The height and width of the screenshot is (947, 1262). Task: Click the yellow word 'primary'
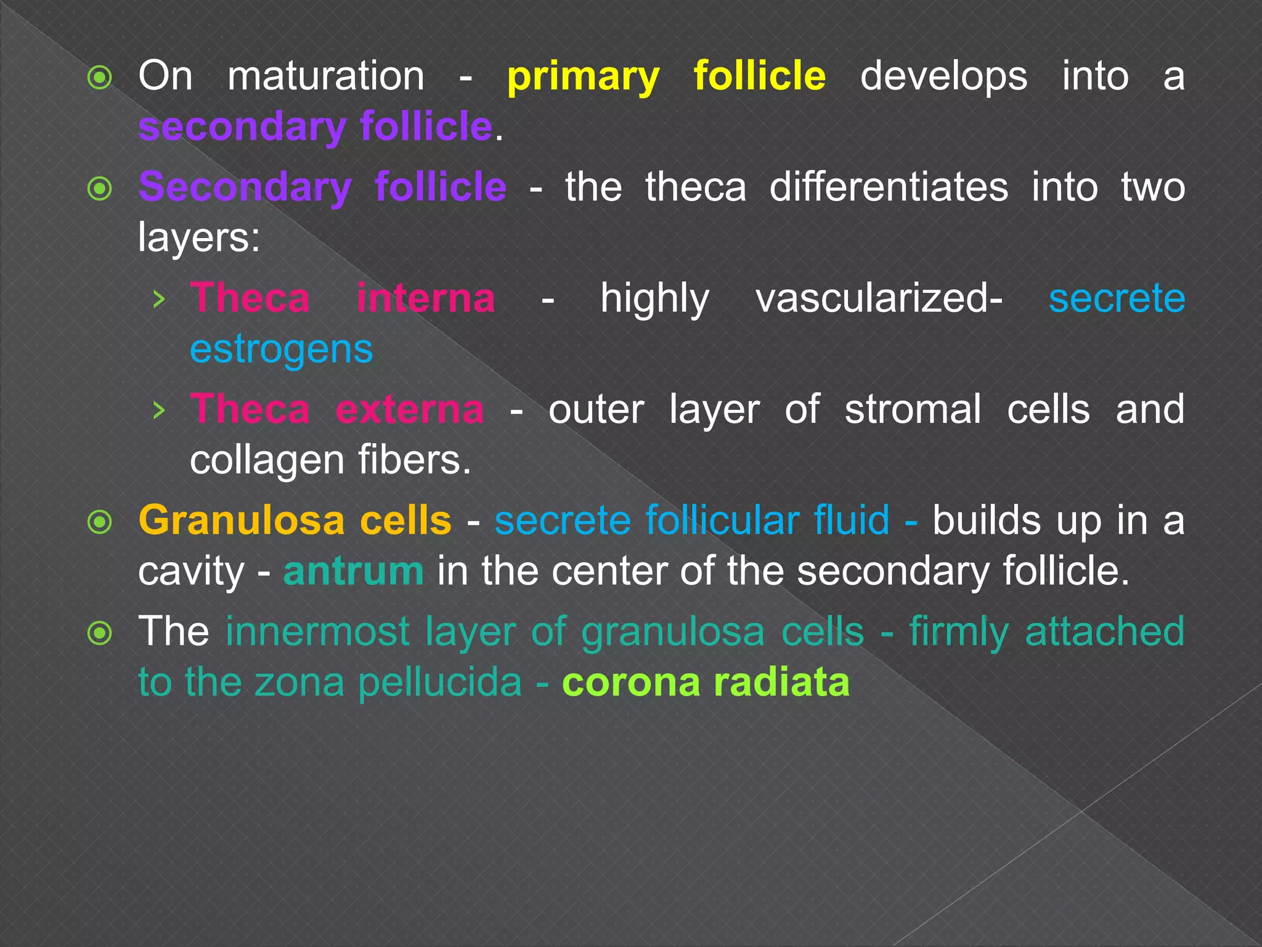click(x=583, y=78)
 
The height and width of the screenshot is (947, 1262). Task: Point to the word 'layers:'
click(x=199, y=238)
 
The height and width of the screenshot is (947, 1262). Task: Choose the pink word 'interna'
click(x=426, y=298)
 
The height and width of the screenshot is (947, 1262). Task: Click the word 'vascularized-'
click(x=879, y=300)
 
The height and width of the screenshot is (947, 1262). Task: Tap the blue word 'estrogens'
click(x=281, y=350)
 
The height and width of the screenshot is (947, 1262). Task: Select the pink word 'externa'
click(x=410, y=409)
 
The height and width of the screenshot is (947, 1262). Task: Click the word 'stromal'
click(x=913, y=409)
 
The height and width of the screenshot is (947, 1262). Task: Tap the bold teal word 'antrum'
click(x=353, y=571)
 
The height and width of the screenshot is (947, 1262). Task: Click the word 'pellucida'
click(x=440, y=683)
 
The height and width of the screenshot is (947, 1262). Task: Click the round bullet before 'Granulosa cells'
click(x=100, y=522)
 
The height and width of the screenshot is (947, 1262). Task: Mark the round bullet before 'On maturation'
click(x=100, y=78)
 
